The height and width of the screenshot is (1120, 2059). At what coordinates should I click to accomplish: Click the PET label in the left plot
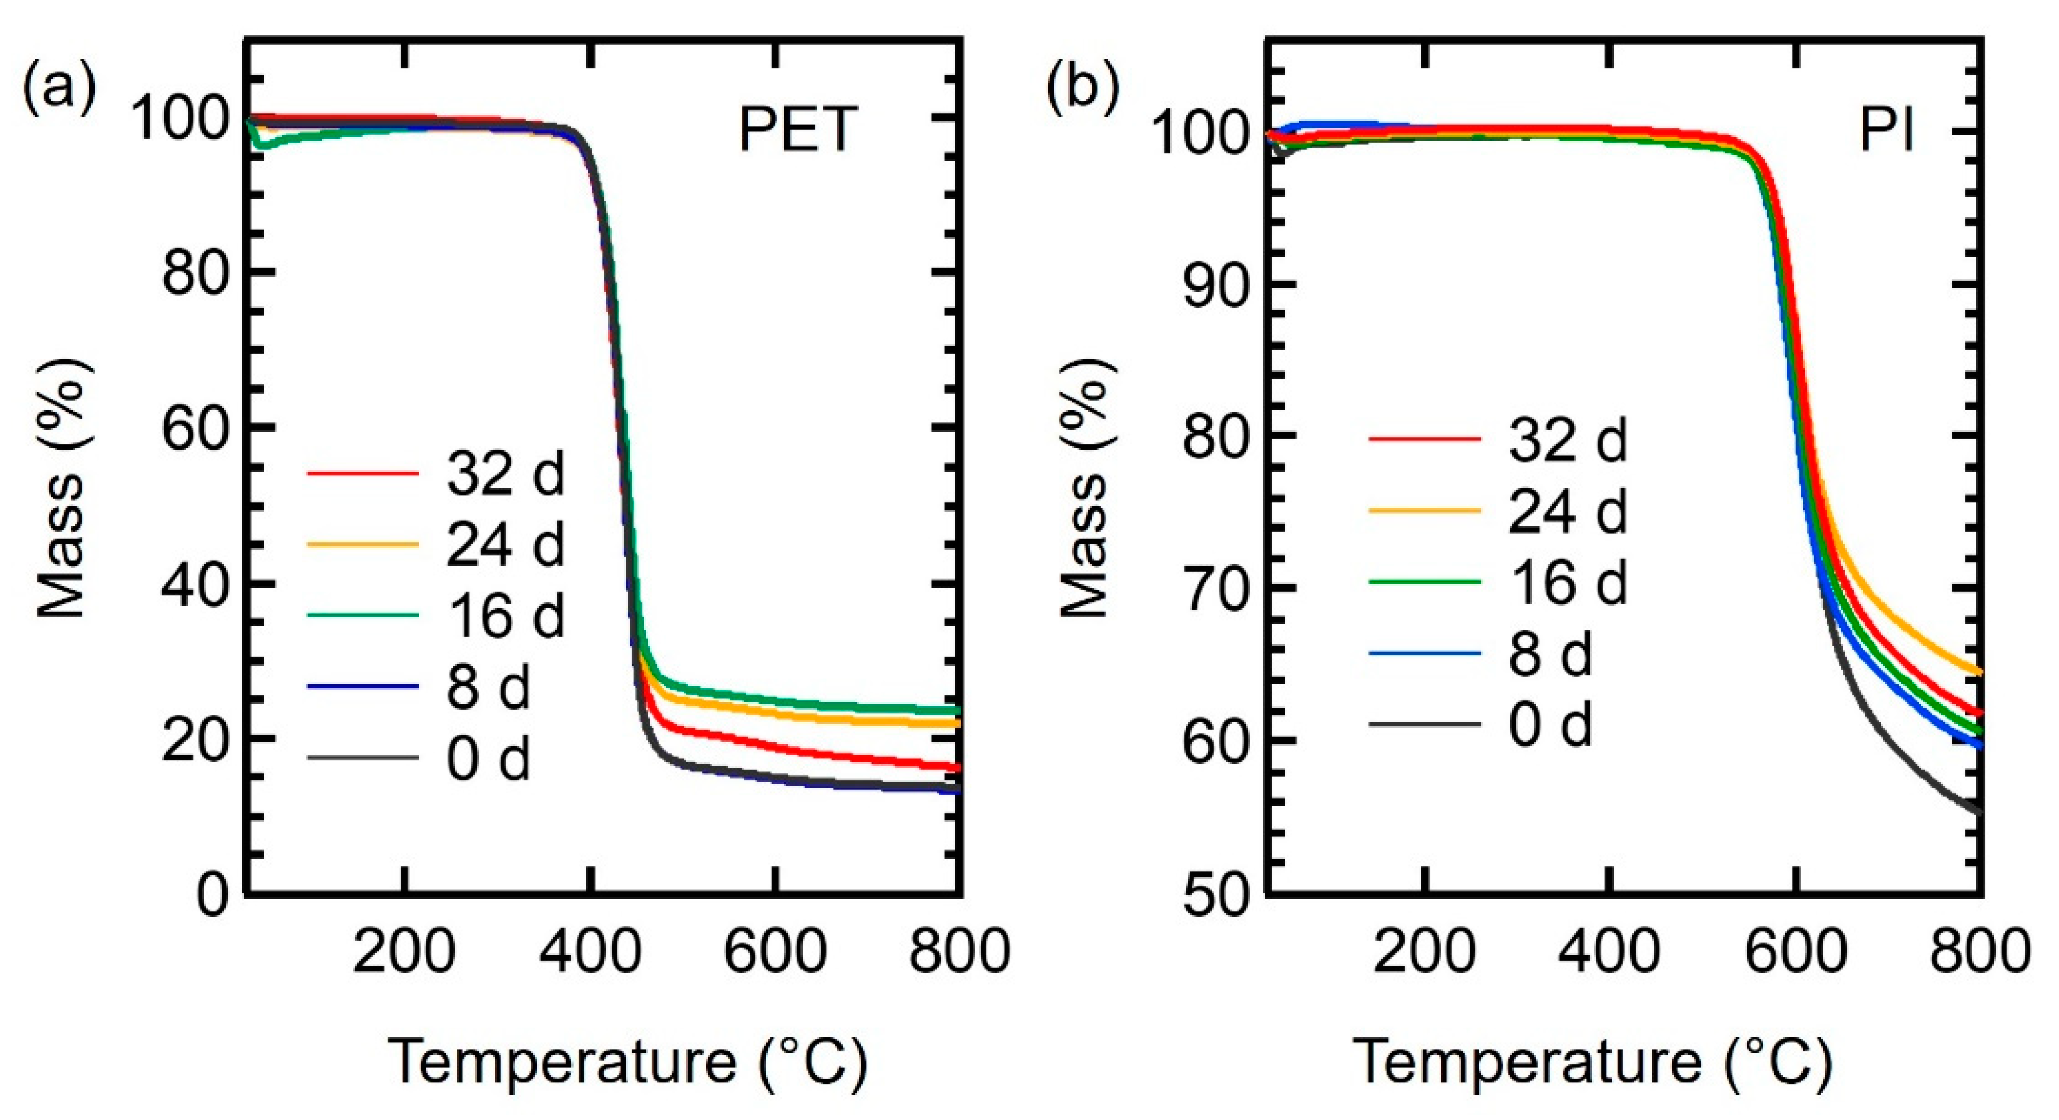(x=798, y=130)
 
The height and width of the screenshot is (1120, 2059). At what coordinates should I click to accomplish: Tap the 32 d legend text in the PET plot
(x=505, y=474)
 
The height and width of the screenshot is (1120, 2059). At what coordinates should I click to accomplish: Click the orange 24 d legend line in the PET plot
(x=362, y=545)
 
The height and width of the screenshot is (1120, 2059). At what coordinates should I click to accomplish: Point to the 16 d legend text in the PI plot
(x=1568, y=582)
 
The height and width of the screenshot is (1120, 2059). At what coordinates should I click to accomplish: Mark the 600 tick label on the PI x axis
(x=1795, y=953)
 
